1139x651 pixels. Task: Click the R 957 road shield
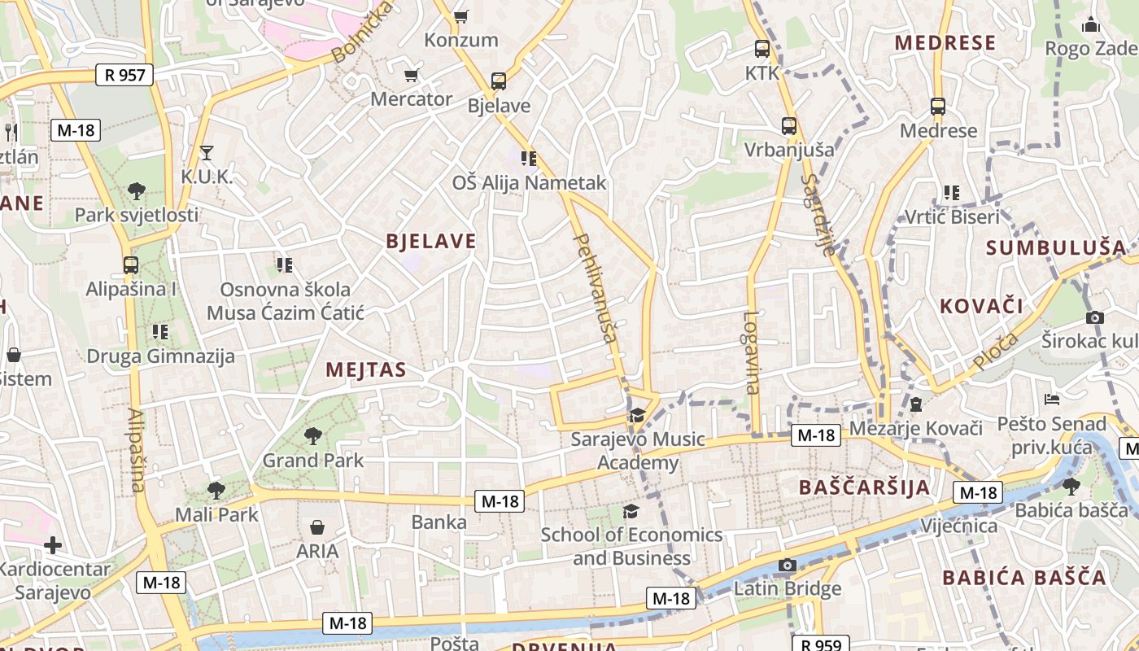click(124, 76)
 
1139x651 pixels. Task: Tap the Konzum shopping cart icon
click(461, 16)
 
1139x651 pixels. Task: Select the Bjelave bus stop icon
click(499, 81)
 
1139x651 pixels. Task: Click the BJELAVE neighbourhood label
click(431, 241)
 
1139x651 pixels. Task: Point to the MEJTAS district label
click(366, 369)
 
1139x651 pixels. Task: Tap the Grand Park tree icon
click(313, 436)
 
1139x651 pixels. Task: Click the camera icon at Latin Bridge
click(787, 565)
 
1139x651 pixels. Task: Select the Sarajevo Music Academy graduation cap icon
click(637, 416)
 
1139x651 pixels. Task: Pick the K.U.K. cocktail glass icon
click(207, 152)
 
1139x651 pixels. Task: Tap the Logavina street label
click(751, 352)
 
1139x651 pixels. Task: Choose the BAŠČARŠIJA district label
click(864, 487)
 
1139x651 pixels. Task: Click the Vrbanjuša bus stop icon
click(788, 126)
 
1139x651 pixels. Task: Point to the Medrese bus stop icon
click(938, 107)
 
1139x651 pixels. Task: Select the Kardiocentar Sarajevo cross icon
click(54, 544)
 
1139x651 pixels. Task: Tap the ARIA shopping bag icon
click(317, 527)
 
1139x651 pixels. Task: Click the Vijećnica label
click(958, 526)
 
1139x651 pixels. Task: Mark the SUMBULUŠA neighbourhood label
click(1057, 247)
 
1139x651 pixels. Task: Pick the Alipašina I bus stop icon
click(130, 264)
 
